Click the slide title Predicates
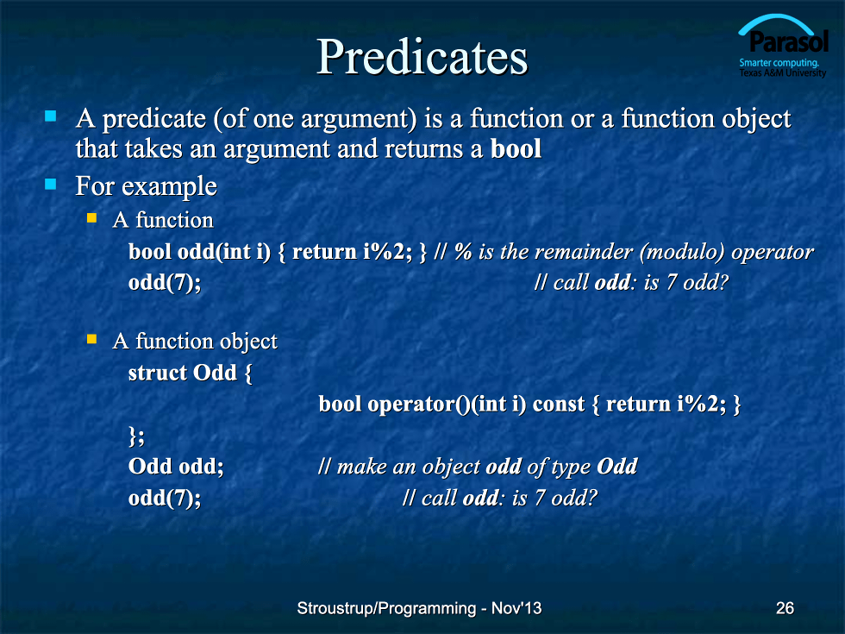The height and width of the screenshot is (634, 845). click(x=422, y=57)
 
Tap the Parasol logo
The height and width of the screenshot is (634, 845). click(x=783, y=47)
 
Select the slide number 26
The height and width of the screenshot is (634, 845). click(x=785, y=608)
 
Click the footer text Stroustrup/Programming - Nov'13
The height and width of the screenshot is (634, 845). click(x=419, y=608)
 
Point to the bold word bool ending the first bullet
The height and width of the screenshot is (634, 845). click(x=516, y=148)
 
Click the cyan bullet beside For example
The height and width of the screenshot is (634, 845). click(x=51, y=185)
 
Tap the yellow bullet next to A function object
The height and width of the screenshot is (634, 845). click(x=91, y=339)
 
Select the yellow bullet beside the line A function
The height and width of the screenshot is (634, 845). click(x=91, y=217)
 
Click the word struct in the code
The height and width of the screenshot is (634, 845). click(x=157, y=373)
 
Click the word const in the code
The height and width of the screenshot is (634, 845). click(x=559, y=404)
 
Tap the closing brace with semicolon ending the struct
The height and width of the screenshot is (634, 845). click(x=137, y=436)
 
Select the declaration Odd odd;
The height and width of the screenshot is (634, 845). click(x=176, y=466)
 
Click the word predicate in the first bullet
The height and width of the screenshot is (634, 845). click(x=154, y=119)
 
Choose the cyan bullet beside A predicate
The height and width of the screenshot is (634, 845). click(x=51, y=116)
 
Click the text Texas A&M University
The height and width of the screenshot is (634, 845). click(x=783, y=72)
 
